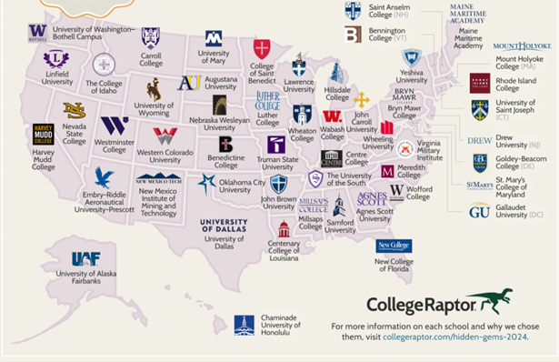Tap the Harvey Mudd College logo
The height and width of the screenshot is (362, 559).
[x=43, y=135]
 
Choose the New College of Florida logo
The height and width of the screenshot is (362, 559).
[x=394, y=246]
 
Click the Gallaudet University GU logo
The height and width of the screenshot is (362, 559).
[x=479, y=210]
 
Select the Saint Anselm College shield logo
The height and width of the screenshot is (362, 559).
[x=353, y=11]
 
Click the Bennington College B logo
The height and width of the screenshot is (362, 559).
[x=353, y=35]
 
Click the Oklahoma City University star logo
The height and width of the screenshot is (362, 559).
[x=206, y=182]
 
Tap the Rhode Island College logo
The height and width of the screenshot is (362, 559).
[x=479, y=83]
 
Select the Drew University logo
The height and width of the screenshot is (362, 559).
[x=479, y=140]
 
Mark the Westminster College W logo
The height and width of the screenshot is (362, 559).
[x=114, y=126]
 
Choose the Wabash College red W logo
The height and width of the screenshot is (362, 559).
[x=333, y=116]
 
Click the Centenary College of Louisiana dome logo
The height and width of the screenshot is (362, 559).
[x=284, y=228]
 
